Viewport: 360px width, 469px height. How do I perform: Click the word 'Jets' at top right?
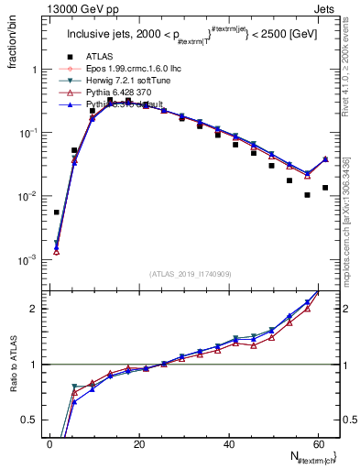[327, 8]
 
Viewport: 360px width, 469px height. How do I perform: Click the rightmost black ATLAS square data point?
[325, 188]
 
